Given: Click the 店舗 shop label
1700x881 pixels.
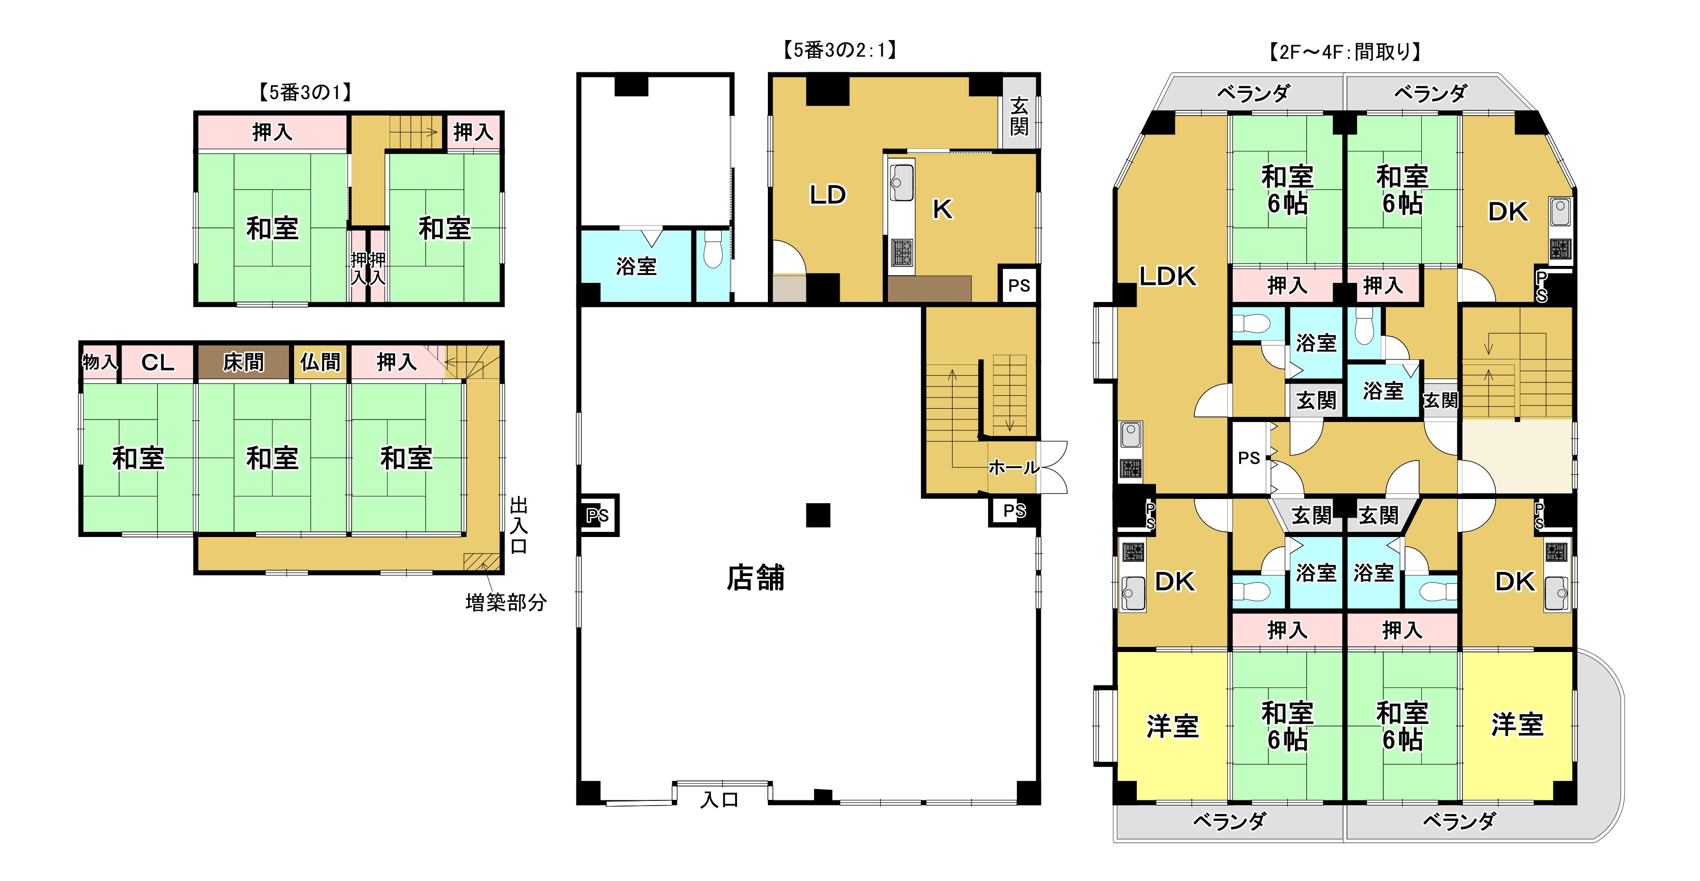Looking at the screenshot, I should (755, 578).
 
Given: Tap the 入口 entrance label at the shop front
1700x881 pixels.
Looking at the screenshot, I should (719, 800).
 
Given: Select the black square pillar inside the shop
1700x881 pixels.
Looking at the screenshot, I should (818, 515).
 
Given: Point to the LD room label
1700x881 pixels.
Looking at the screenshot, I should (827, 195).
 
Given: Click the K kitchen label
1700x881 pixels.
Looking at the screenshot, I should (942, 209).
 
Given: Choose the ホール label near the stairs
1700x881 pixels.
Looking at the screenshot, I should (1013, 468).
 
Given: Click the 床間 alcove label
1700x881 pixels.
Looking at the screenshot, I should (243, 362).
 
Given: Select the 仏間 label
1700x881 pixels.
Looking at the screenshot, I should (320, 362).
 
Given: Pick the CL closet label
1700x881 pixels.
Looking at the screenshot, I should (158, 362).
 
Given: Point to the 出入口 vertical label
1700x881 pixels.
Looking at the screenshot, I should (519, 525).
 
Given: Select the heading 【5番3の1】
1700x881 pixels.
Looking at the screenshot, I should (304, 92).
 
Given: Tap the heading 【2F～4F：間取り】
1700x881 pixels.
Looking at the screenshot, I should (1344, 51).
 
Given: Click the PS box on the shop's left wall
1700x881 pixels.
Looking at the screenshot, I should (597, 515).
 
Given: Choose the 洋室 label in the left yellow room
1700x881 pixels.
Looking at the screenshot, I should (1172, 726).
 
